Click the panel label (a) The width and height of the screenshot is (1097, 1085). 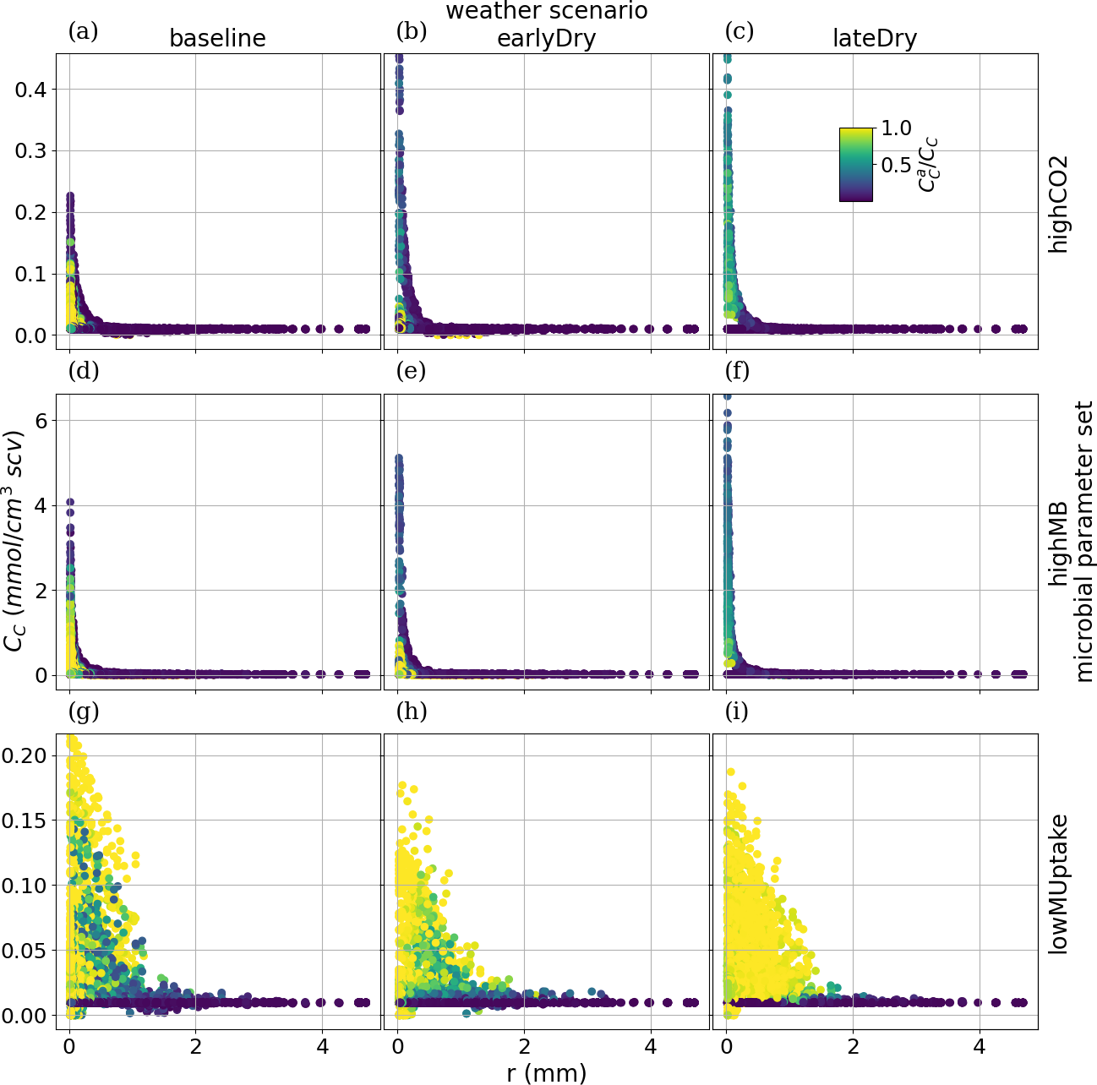(x=83, y=32)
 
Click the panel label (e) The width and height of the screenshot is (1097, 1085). (x=411, y=371)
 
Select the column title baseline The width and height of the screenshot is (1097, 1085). (x=217, y=39)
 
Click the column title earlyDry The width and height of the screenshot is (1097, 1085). (x=546, y=39)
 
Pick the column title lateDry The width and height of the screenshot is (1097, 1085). (x=875, y=39)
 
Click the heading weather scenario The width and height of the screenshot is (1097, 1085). (x=546, y=12)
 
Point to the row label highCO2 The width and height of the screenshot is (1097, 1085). (x=1058, y=203)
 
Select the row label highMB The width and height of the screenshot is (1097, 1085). (x=1058, y=542)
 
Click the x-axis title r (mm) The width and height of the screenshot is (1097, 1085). (x=546, y=1072)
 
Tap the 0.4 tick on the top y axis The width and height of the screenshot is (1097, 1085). (x=30, y=90)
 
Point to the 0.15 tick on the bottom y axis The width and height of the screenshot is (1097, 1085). (x=24, y=821)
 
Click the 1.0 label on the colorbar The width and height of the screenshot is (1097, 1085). (x=896, y=128)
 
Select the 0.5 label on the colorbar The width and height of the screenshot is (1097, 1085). (x=896, y=165)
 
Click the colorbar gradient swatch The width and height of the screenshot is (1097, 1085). (x=855, y=165)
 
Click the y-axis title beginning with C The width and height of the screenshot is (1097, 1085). (x=14, y=542)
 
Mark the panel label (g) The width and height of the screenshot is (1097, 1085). (x=83, y=712)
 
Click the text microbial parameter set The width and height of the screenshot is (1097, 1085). (x=1083, y=542)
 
